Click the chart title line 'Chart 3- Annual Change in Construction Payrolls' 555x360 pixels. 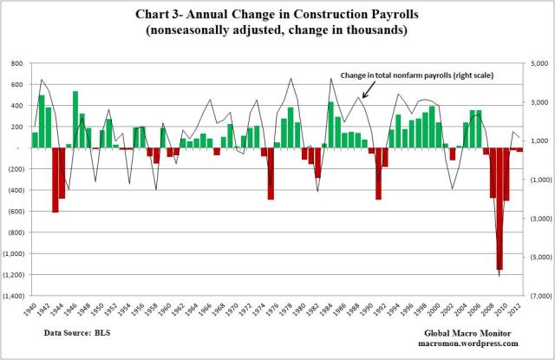(x=277, y=15)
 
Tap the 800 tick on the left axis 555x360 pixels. (x=16, y=64)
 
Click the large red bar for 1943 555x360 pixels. (x=55, y=180)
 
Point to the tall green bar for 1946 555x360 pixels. (x=75, y=119)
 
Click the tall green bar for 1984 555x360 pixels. (x=330, y=125)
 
